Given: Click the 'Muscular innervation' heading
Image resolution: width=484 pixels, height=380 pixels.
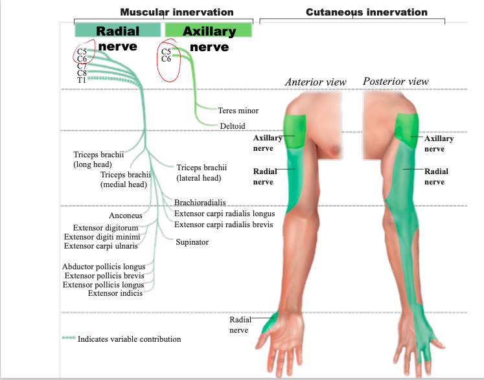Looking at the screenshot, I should click(176, 12).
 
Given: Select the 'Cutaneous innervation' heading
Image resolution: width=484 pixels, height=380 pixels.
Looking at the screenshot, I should click(366, 12).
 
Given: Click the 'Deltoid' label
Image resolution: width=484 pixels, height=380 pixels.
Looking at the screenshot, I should click(233, 126).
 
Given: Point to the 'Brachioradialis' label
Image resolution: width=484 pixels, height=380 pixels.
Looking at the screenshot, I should click(200, 203).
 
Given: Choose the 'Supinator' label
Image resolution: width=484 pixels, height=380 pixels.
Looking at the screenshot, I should click(192, 242).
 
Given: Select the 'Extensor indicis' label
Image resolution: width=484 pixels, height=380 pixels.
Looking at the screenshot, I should click(115, 293).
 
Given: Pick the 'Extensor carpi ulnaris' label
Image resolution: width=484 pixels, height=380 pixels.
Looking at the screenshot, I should click(100, 245).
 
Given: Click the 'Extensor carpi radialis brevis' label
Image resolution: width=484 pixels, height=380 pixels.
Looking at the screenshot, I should click(224, 225).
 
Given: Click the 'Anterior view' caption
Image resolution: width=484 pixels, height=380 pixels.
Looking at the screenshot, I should click(316, 82).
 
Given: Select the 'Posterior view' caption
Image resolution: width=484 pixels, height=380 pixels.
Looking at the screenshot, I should click(395, 82).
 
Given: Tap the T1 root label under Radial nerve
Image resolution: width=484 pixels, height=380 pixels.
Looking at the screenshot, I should click(82, 80).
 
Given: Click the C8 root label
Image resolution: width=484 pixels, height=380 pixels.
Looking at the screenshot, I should click(82, 73).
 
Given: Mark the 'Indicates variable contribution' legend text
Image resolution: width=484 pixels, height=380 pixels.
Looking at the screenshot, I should click(130, 339).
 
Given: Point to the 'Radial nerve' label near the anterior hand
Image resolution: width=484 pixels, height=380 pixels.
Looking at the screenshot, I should click(238, 325).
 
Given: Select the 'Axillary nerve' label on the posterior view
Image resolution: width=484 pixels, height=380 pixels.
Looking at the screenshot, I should click(439, 143).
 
